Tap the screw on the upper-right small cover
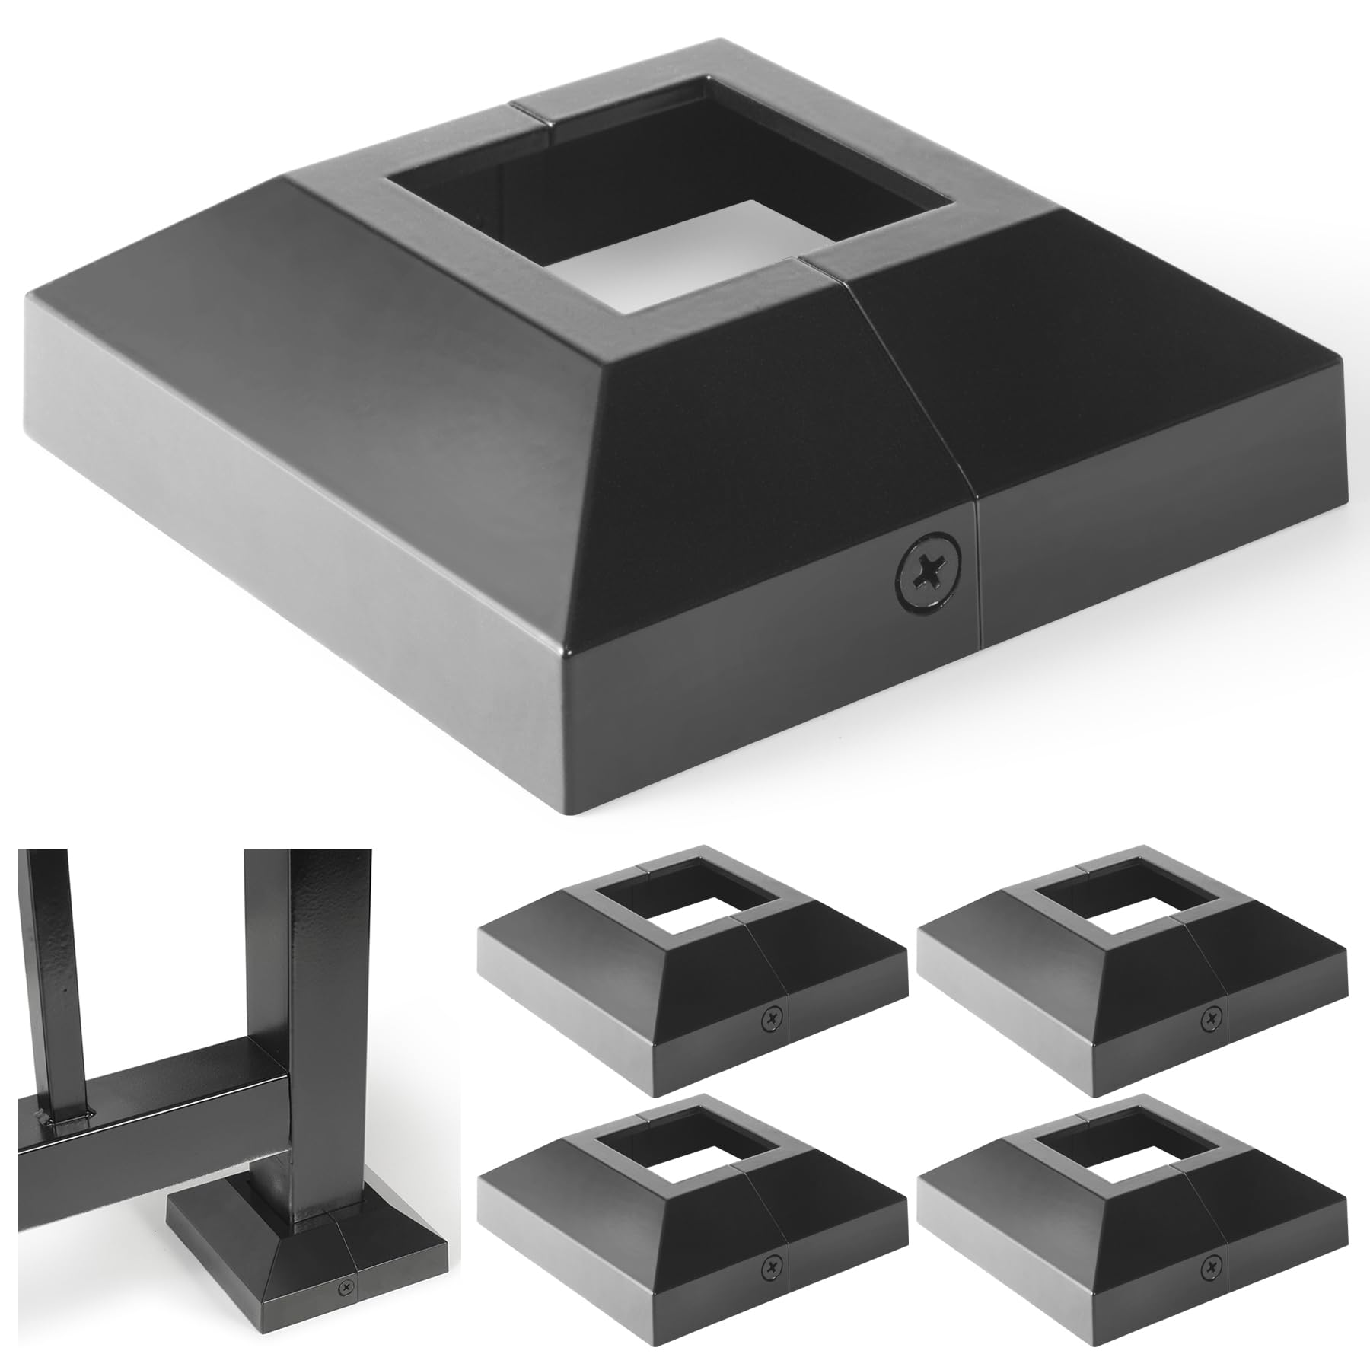pyautogui.click(x=1208, y=1017)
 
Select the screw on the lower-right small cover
pyautogui.click(x=1208, y=1266)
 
